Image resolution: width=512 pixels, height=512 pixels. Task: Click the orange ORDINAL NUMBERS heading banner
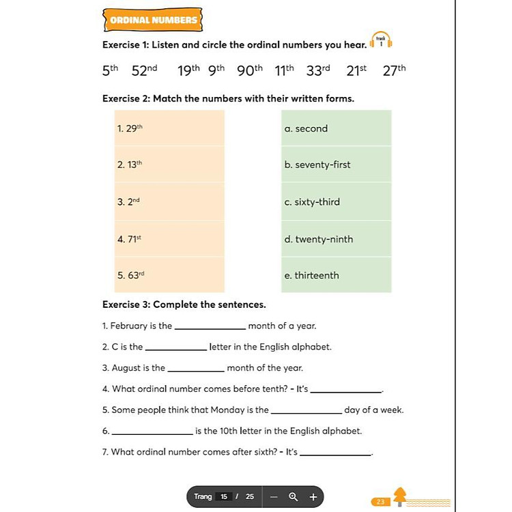point(153,20)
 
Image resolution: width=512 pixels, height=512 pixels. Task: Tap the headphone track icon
point(381,42)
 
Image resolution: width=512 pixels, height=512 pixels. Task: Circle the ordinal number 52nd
point(144,70)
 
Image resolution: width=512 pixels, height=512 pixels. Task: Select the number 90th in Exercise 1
point(250,70)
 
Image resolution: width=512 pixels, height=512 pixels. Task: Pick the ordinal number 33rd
point(318,70)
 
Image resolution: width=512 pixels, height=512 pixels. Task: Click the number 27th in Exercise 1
point(394,70)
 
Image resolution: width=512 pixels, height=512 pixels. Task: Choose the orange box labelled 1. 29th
point(169,128)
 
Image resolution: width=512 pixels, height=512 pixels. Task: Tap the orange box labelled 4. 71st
point(169,239)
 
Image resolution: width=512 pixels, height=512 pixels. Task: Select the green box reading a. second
point(336,128)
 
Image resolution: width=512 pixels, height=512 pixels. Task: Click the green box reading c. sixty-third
point(336,202)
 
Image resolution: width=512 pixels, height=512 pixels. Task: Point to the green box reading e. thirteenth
point(336,275)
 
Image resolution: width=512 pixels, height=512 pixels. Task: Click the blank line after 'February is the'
point(210,327)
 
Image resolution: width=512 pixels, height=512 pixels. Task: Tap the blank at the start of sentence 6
point(152,432)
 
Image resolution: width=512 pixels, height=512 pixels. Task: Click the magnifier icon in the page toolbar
point(293,496)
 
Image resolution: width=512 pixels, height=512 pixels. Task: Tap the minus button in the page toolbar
point(273,496)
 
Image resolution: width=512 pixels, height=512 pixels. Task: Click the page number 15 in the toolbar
point(223,496)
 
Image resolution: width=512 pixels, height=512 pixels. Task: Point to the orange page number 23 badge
point(380,502)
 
